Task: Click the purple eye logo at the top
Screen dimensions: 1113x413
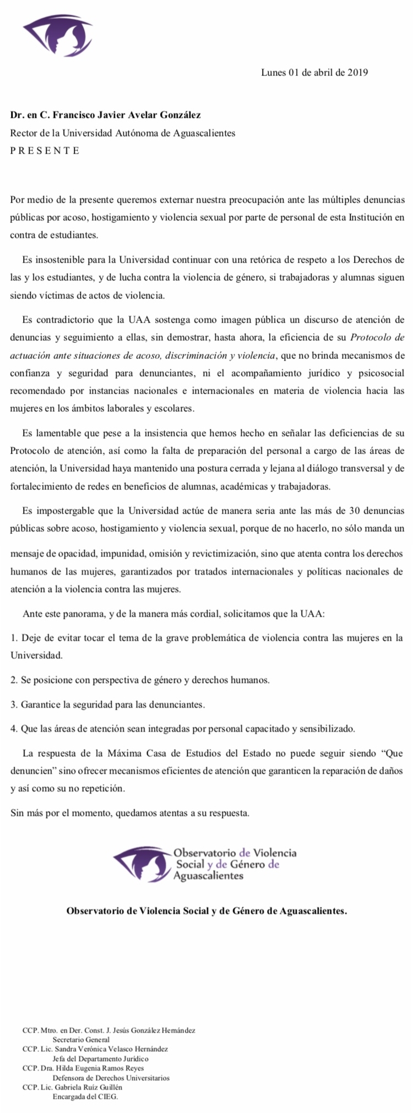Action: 57,36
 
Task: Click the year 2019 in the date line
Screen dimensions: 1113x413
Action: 357,72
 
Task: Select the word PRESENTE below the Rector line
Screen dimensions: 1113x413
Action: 45,150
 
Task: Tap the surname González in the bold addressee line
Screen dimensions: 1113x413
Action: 180,115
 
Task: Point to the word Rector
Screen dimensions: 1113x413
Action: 24,133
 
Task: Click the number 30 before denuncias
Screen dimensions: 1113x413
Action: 355,511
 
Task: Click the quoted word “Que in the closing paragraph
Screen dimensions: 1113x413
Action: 392,753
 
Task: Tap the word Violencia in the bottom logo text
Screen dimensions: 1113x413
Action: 275,853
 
